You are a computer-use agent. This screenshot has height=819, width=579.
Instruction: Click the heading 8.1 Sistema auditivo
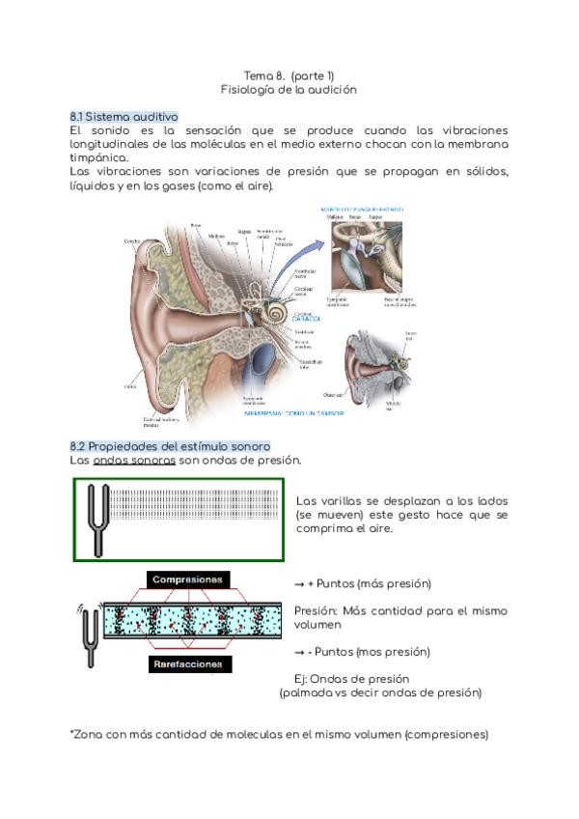[x=124, y=116]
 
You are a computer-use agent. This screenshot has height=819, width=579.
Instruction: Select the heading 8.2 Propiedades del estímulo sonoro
[x=170, y=446]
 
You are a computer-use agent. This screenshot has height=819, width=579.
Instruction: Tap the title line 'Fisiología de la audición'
[x=289, y=89]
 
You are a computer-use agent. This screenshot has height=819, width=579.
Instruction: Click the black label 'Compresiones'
[x=188, y=580]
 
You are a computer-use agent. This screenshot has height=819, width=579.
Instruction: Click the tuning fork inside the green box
[x=96, y=520]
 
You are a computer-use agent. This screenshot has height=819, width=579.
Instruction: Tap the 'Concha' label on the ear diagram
[x=134, y=241]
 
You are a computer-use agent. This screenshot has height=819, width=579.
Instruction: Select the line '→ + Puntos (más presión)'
[x=362, y=584]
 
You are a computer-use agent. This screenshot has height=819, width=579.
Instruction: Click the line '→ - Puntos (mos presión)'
[x=362, y=652]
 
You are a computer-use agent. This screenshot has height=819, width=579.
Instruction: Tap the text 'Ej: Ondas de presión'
[x=352, y=678]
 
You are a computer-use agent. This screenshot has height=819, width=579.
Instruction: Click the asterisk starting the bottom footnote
[x=72, y=734]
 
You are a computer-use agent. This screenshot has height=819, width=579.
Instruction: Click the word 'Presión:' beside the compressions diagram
[x=316, y=611]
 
